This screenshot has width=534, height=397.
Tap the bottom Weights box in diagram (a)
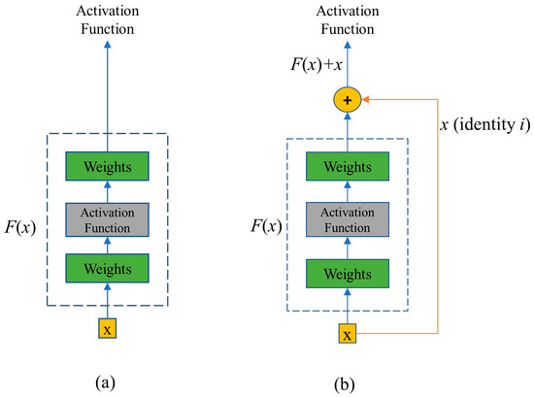click(x=108, y=266)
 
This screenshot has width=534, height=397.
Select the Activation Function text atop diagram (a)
click(x=108, y=19)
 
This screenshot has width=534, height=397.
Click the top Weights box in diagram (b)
click(x=347, y=167)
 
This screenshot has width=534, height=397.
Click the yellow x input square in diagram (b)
click(x=347, y=336)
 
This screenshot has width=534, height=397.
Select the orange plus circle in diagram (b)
click(x=347, y=98)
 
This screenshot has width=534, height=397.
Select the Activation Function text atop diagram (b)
click(x=347, y=19)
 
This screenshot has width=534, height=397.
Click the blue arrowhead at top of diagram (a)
click(x=108, y=43)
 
